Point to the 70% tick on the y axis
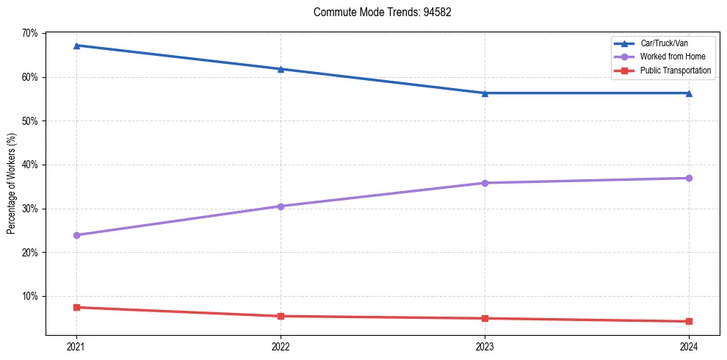coord(30,33)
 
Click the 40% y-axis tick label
coord(30,165)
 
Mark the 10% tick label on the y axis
coord(30,296)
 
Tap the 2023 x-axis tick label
coord(485,345)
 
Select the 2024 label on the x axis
coord(689,345)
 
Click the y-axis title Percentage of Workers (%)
coord(12,184)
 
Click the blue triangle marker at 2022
coord(281,69)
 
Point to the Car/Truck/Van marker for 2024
coord(689,93)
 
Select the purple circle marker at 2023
coord(485,183)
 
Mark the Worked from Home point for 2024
coord(689,178)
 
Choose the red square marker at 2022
coord(281,316)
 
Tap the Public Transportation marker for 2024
coord(689,321)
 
